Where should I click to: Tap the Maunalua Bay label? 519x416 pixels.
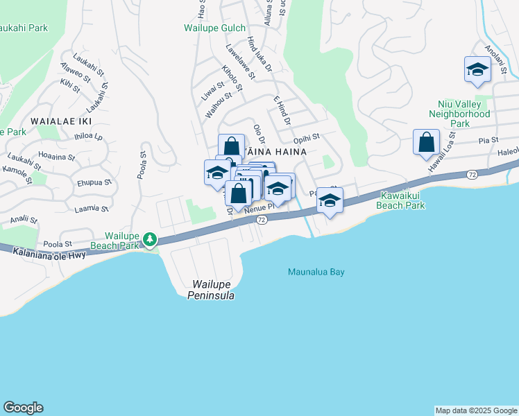click(x=316, y=272)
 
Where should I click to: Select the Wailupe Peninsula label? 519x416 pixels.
click(x=211, y=290)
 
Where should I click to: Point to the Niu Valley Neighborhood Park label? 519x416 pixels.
click(x=459, y=114)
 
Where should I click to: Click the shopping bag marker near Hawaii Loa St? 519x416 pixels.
click(x=426, y=143)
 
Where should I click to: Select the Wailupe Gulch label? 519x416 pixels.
click(x=214, y=28)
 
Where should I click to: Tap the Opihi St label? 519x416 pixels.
click(x=305, y=137)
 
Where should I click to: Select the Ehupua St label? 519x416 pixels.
click(x=94, y=182)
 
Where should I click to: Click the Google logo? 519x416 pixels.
click(x=23, y=408)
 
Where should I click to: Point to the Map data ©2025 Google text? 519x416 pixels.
click(x=475, y=410)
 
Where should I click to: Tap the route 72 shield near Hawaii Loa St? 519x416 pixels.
click(x=471, y=173)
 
